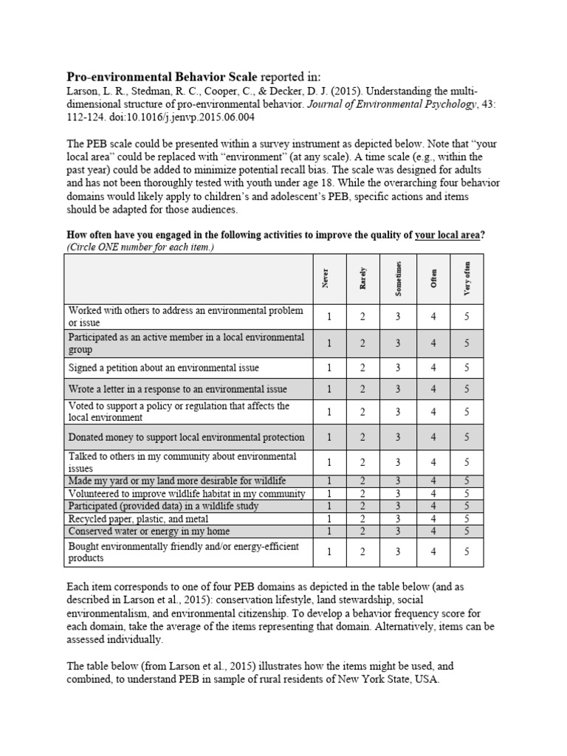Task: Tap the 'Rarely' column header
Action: (x=362, y=278)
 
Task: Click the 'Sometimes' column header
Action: (x=398, y=278)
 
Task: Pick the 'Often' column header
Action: (x=433, y=278)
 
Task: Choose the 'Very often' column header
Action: (x=466, y=278)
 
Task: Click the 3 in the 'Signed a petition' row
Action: (x=398, y=368)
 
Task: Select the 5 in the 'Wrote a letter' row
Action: (x=466, y=389)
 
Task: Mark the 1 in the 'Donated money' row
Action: (x=329, y=437)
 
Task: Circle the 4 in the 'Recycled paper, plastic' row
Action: (x=433, y=519)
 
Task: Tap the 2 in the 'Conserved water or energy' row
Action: (x=362, y=531)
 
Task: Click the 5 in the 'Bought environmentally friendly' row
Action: (x=466, y=551)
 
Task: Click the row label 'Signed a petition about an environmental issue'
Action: (x=163, y=368)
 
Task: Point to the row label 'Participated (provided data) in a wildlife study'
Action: (x=163, y=506)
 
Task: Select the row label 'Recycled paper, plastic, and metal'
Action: (x=138, y=519)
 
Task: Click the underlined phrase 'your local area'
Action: (x=449, y=235)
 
